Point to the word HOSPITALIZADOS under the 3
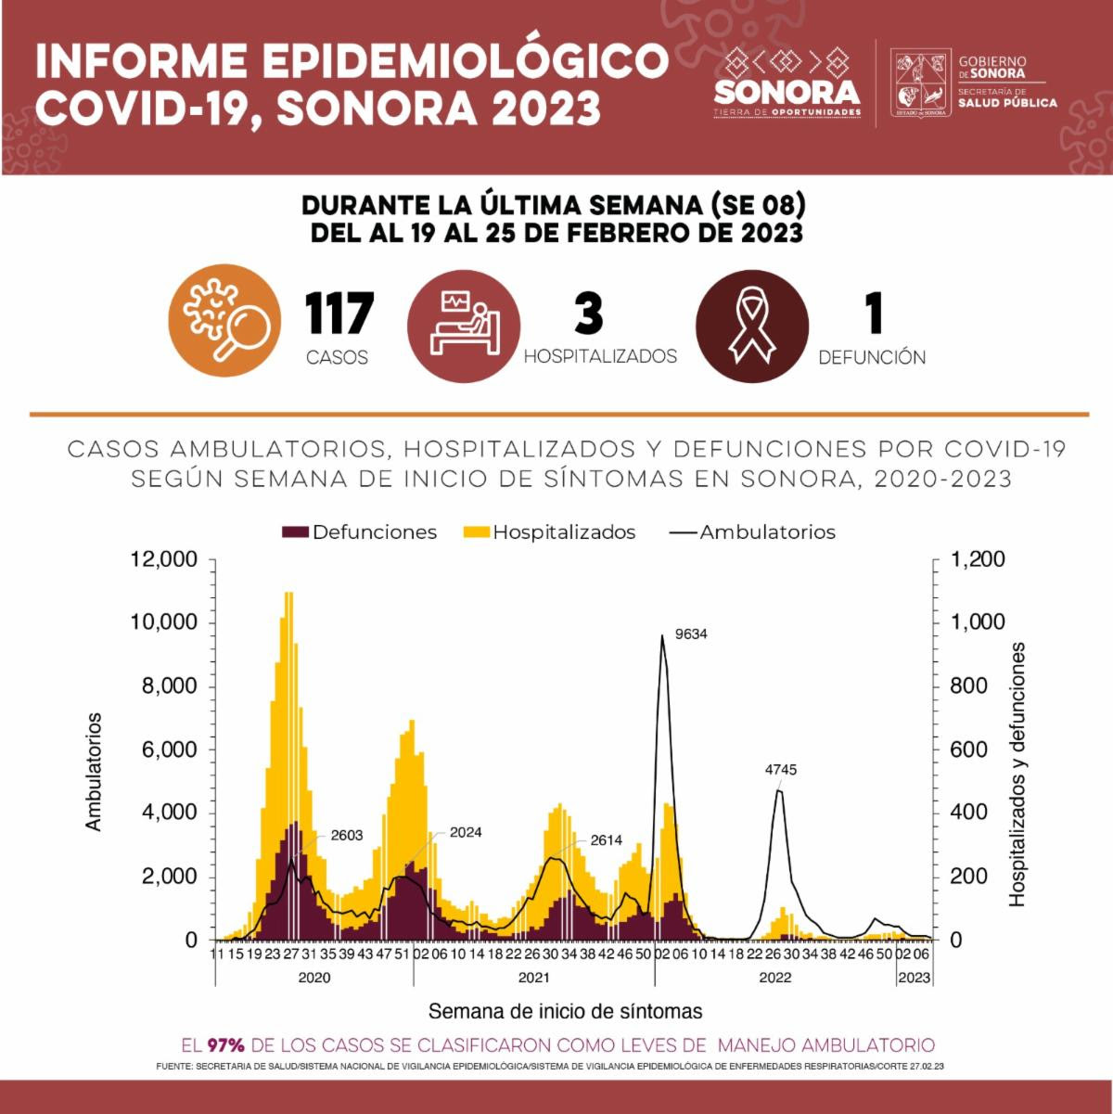tap(600, 356)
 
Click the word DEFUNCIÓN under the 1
tap(872, 357)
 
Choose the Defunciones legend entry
tap(360, 532)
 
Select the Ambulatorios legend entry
tap(753, 532)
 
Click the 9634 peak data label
tap(691, 635)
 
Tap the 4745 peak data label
tap(780, 770)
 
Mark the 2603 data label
tap(346, 835)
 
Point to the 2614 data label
tap(606, 841)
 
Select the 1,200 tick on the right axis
tap(978, 559)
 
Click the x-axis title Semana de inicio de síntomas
tap(565, 1011)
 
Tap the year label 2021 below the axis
tap(534, 978)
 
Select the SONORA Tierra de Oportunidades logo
tap(787, 83)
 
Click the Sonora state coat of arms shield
tap(921, 83)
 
